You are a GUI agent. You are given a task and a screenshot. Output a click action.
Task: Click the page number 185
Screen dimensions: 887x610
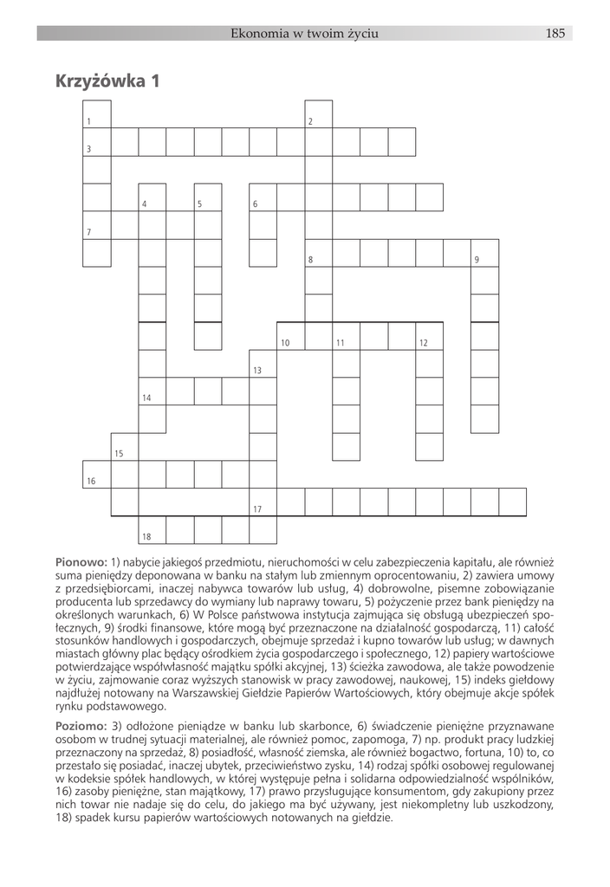[x=555, y=34]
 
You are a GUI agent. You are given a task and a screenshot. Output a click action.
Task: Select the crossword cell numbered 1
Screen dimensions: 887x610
[x=96, y=114]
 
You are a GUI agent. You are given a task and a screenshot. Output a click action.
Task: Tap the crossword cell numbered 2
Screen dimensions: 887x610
[x=318, y=114]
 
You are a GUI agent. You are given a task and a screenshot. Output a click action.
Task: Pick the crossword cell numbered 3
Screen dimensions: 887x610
[x=96, y=142]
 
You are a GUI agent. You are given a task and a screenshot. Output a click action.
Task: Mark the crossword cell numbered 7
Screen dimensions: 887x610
[x=96, y=225]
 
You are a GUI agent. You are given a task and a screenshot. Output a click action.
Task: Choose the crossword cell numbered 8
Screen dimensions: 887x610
[x=318, y=253]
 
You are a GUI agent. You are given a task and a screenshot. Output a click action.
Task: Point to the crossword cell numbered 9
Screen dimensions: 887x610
[x=484, y=253]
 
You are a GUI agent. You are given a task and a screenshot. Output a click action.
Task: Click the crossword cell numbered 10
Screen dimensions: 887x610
[x=290, y=336]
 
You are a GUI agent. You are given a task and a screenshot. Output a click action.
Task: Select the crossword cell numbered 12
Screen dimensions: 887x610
[x=429, y=336]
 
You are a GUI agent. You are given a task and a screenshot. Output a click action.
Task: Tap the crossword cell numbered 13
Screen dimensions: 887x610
[x=263, y=364]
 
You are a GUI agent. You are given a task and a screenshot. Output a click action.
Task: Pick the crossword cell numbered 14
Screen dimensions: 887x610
[x=152, y=392]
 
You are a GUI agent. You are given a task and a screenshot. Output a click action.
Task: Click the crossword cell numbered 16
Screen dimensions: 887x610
[x=96, y=475]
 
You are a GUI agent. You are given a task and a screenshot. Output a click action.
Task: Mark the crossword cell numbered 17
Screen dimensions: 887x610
[x=263, y=502]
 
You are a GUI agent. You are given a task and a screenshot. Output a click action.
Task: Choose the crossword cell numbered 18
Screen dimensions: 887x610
[x=152, y=530]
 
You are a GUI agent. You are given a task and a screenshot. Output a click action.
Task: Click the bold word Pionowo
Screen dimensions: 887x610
[x=81, y=563]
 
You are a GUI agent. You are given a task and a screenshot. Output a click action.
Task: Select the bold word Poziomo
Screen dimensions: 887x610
[x=81, y=726]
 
